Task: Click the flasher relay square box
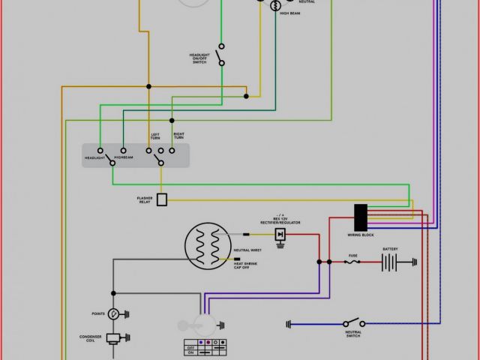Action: pos(161,199)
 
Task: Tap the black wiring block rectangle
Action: pos(361,217)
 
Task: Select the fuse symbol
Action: pos(350,262)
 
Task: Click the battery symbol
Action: pos(389,262)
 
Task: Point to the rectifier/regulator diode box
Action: pos(280,235)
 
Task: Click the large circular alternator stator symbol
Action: pos(208,247)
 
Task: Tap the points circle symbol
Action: pos(113,313)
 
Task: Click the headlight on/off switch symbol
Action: pos(220,55)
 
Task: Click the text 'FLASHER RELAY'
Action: pos(144,200)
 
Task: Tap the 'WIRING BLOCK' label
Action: pos(360,235)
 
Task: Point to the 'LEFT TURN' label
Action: pos(155,137)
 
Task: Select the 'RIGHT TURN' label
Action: pos(178,136)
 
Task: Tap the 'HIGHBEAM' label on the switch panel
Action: pos(124,157)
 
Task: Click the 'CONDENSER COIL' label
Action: pos(91,339)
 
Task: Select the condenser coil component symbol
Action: pos(113,338)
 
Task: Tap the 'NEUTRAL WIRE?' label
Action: pos(247,250)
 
